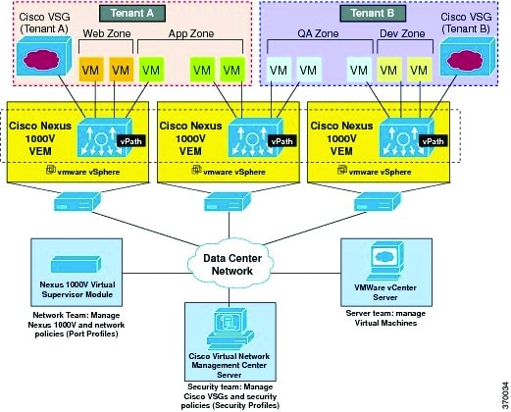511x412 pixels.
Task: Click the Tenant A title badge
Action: pyautogui.click(x=132, y=14)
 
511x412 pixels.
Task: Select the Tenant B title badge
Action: pyautogui.click(x=373, y=14)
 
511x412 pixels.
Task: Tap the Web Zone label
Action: pyautogui.click(x=107, y=33)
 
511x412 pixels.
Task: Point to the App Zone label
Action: pyautogui.click(x=191, y=33)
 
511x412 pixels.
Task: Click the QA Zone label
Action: pyautogui.click(x=318, y=33)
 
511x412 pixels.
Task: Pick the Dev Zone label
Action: pyautogui.click(x=402, y=33)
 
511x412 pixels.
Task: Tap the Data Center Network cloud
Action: pyautogui.click(x=230, y=264)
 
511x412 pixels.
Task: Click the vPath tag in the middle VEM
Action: pyautogui.click(x=281, y=141)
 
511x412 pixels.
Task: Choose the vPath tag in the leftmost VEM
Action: pyautogui.click(x=131, y=141)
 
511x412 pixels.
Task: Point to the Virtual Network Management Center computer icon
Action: pyautogui.click(x=230, y=330)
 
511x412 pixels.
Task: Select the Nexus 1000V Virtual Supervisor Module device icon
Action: pyautogui.click(x=76, y=264)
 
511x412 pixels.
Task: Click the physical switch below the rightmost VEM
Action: pyautogui.click(x=378, y=202)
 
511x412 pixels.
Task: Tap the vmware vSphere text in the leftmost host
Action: pyautogui.click(x=88, y=172)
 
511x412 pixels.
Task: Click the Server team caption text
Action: pyautogui.click(x=385, y=318)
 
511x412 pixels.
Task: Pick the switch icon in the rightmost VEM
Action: pyautogui.click(x=407, y=137)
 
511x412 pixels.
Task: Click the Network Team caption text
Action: pyautogui.click(x=77, y=325)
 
